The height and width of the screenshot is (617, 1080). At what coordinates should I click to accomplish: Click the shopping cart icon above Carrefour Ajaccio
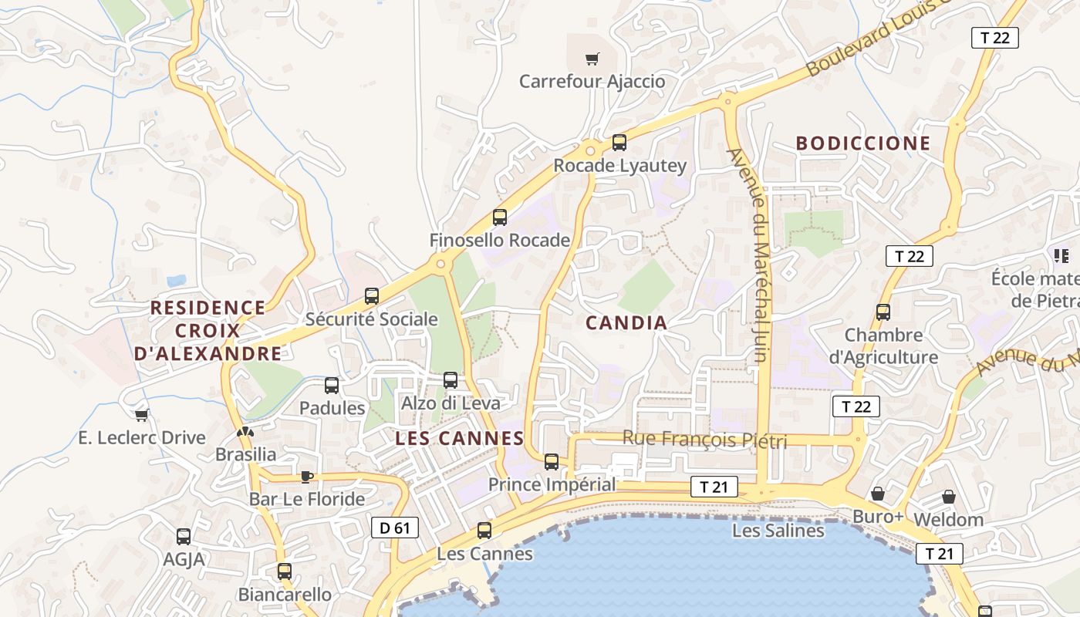(592, 59)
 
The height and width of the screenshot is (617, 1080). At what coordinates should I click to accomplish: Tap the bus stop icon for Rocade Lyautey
(619, 143)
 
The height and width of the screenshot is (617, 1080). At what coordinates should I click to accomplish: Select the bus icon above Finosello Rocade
(500, 217)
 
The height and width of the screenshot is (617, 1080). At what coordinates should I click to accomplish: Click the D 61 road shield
(395, 528)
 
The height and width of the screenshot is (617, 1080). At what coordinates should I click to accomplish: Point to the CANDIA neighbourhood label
(626, 323)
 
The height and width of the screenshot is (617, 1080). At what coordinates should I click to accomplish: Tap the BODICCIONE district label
(863, 143)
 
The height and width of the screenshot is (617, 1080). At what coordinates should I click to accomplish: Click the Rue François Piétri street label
(704, 440)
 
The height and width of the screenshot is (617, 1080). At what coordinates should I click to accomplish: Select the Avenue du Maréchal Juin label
(759, 255)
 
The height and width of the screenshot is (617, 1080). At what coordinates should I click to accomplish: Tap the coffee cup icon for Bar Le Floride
(307, 477)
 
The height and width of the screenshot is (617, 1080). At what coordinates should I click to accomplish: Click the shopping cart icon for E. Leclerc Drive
(142, 415)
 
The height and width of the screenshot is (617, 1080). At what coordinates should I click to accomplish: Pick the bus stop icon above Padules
(332, 385)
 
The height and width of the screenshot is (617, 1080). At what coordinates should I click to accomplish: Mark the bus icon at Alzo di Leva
(451, 380)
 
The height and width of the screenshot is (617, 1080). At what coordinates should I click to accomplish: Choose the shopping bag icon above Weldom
(949, 497)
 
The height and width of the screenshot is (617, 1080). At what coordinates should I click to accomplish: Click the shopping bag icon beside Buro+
(878, 494)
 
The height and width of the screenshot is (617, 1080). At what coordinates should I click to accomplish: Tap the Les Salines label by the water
(778, 531)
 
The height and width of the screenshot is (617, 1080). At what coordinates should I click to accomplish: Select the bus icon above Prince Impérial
(552, 462)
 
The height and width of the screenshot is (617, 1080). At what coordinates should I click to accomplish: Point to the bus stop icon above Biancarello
(285, 571)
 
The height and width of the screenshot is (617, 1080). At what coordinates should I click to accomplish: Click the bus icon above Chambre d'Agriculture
(883, 312)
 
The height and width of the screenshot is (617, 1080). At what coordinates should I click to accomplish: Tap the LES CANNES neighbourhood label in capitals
(460, 439)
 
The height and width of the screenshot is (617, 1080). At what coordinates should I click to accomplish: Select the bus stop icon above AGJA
(184, 537)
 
